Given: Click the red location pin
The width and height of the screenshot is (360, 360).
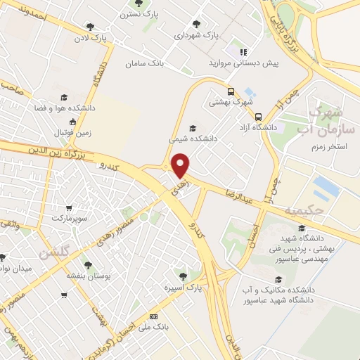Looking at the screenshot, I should pyautogui.click(x=181, y=165).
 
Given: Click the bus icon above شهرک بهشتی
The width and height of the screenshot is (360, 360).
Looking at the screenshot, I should pyautogui.click(x=231, y=91).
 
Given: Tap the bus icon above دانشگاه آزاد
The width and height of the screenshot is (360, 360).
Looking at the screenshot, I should pyautogui.click(x=259, y=117).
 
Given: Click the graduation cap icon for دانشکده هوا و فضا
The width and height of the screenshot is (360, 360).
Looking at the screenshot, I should pyautogui.click(x=63, y=98).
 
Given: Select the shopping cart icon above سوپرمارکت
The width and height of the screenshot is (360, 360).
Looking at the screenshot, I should pyautogui.click(x=68, y=208).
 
